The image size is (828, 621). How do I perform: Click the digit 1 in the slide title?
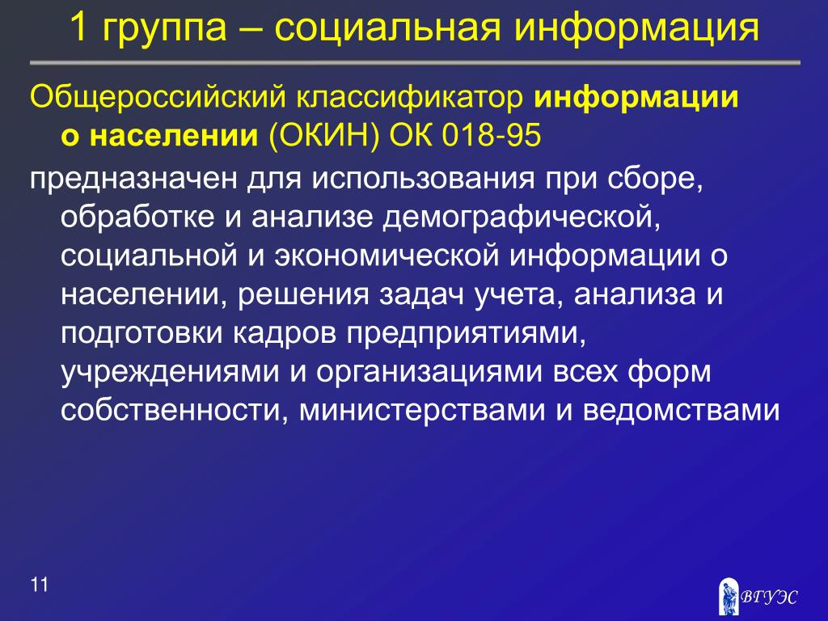[x=78, y=27]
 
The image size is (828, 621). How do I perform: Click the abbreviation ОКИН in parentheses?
[x=324, y=136]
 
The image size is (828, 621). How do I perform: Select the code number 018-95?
[x=492, y=135]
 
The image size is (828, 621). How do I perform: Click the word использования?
[x=422, y=179]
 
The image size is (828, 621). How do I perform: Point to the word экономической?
[x=387, y=256]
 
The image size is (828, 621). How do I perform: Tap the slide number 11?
[x=40, y=585]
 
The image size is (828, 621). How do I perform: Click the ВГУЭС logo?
[x=758, y=597]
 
